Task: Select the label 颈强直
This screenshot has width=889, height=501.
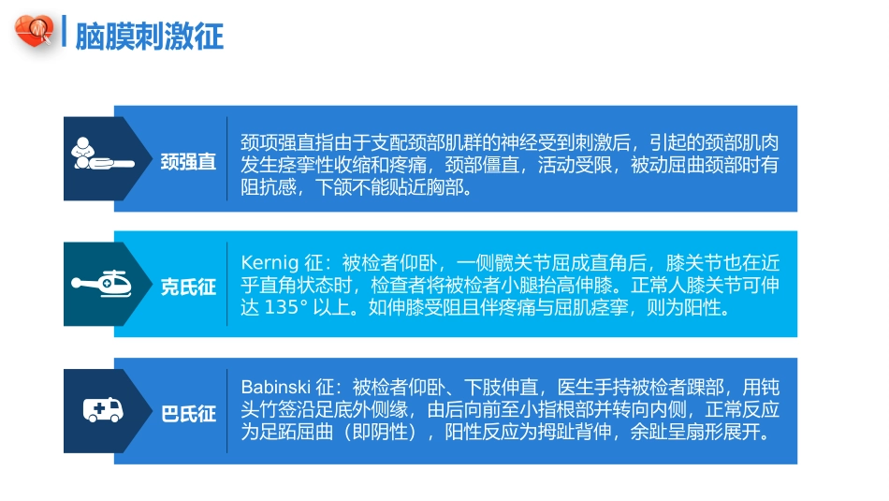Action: click(188, 162)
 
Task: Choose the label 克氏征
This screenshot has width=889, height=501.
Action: click(188, 287)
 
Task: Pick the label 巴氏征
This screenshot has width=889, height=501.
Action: click(188, 413)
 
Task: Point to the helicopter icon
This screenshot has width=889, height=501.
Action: click(101, 283)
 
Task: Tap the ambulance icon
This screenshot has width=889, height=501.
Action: click(102, 409)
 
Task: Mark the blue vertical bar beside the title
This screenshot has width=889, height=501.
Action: click(63, 33)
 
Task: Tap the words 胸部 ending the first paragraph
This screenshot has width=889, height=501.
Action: click(451, 187)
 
